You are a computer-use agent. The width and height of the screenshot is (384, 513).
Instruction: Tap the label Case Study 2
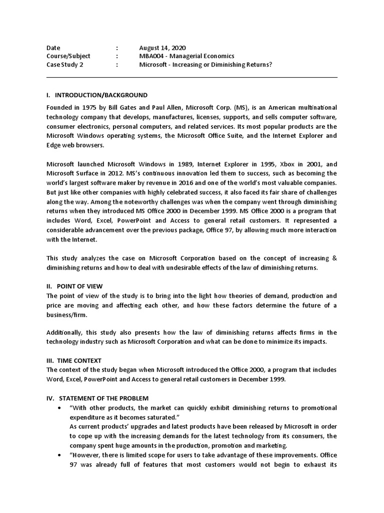[64, 65]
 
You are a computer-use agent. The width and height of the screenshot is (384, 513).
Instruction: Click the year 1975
[88, 108]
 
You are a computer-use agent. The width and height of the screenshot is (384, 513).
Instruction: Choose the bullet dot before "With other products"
[60, 408]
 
